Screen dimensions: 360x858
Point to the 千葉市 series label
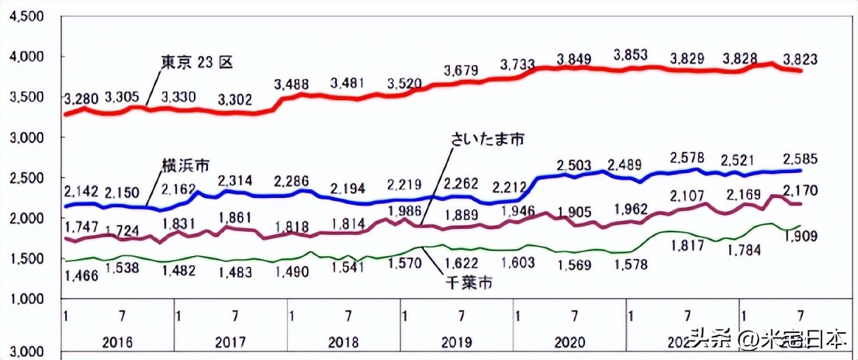(469, 283)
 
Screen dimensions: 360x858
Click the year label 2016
(116, 342)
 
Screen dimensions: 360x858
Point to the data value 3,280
(81, 99)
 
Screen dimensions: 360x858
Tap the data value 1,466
(81, 275)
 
